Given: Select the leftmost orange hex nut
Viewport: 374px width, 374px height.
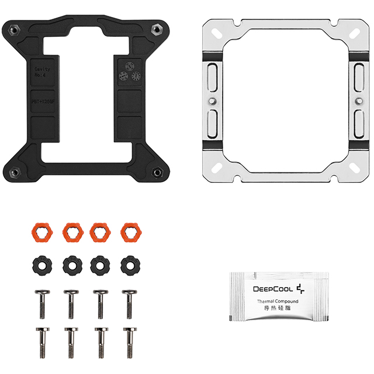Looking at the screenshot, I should click(41, 233).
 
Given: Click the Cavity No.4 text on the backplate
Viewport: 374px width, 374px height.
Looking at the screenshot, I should click(43, 72).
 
